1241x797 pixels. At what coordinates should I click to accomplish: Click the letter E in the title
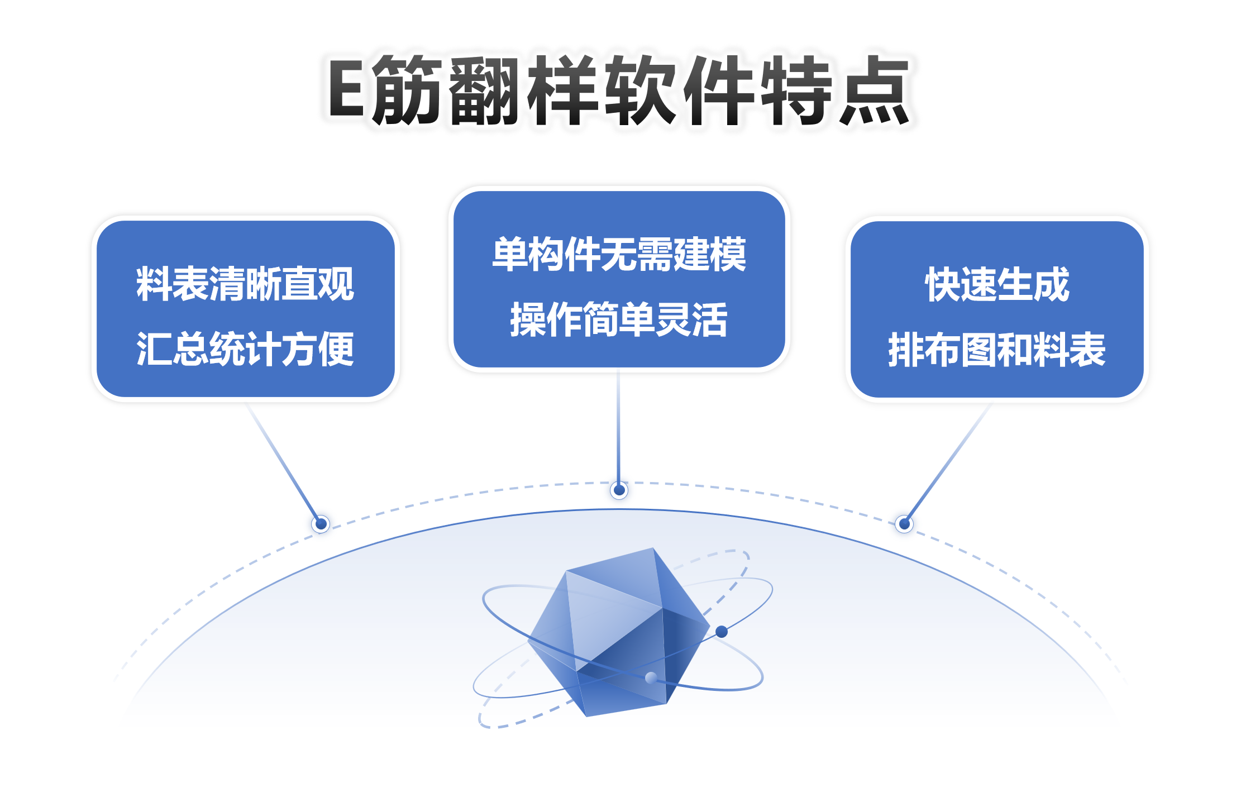347,89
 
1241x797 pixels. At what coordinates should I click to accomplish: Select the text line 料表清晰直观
245,284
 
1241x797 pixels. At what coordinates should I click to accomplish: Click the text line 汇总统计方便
245,349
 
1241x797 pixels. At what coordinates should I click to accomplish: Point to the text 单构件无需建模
619,255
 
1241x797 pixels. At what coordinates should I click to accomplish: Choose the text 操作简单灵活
619,319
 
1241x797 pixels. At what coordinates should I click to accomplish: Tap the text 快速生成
997,284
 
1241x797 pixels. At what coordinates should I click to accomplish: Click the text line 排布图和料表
997,350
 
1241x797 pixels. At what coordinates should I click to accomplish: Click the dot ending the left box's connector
321,524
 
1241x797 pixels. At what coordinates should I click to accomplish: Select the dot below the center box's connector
619,490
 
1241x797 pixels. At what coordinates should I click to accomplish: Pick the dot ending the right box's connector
904,524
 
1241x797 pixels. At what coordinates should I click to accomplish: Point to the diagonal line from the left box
283,462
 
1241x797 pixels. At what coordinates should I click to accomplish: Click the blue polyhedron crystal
619,632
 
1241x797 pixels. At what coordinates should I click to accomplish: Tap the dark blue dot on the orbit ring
722,632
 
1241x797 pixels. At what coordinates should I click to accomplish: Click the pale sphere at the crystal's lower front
651,677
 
